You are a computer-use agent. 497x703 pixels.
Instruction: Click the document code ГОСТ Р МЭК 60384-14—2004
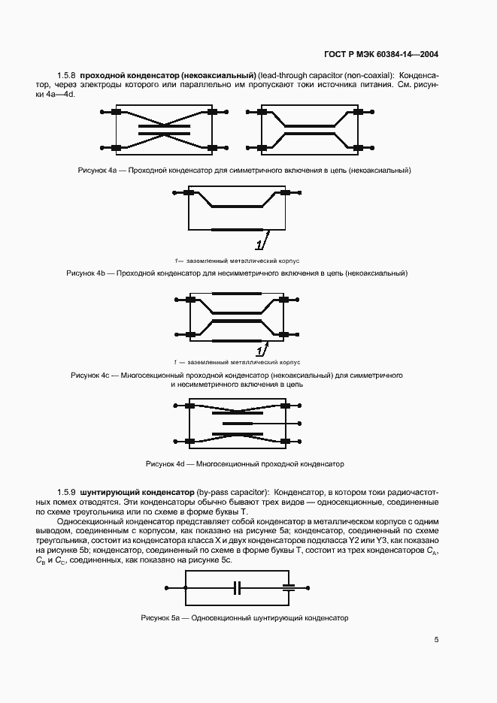pos(381,54)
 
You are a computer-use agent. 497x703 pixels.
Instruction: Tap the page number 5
pos(436,640)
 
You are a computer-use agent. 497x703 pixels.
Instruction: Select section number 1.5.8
pos(67,76)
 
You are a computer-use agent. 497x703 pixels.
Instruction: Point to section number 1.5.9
pos(67,491)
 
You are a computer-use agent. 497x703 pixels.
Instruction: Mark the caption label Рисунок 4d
pos(165,464)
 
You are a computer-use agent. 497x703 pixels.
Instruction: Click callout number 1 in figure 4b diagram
pos(259,245)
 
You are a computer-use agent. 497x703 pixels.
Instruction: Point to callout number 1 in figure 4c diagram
pos(259,351)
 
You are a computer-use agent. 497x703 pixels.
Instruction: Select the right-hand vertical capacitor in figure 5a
pos(286,587)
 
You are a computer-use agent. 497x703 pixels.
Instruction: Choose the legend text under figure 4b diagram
pos(237,261)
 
